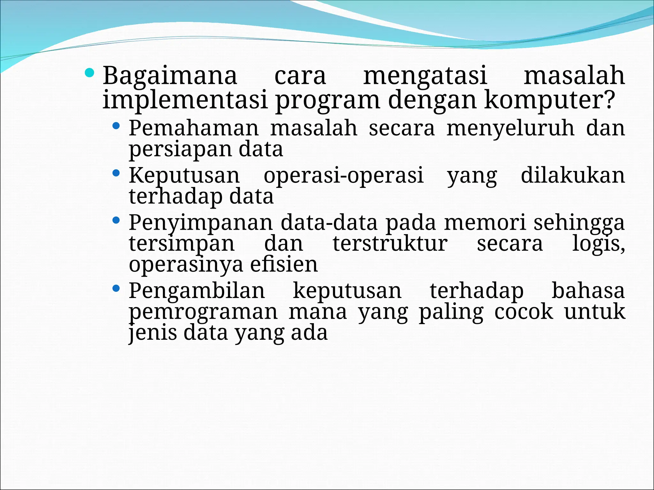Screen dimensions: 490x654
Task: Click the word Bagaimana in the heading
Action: click(x=170, y=76)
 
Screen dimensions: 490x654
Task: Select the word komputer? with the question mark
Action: click(x=549, y=100)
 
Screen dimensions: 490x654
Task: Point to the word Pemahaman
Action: click(x=194, y=128)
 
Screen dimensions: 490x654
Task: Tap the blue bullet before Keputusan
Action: click(x=116, y=174)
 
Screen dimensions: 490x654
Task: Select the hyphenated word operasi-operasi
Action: click(x=343, y=176)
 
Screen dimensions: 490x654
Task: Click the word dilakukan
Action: click(x=573, y=175)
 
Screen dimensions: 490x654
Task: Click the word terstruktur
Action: click(x=390, y=244)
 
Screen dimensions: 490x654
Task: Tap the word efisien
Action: click(x=284, y=264)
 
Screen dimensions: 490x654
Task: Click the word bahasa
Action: click(x=588, y=291)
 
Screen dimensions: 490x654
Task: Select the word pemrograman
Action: click(x=203, y=312)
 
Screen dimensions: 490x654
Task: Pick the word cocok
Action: click(x=523, y=312)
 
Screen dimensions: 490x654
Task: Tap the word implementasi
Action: click(x=185, y=100)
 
